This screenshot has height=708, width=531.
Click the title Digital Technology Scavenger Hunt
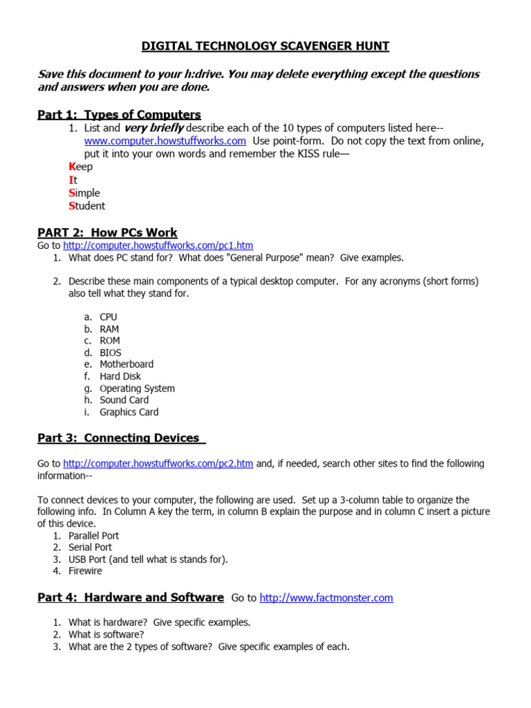265,46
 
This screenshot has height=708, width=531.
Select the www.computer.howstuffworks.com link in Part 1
165,140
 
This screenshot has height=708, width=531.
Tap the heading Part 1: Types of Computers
119,115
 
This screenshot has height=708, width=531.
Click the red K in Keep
71,167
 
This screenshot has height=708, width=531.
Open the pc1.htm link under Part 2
158,245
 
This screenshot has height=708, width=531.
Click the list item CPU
109,317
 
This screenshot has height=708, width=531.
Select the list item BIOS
110,353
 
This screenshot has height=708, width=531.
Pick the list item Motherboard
127,364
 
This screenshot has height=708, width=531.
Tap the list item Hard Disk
120,376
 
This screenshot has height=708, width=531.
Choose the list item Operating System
137,389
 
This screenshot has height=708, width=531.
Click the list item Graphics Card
129,412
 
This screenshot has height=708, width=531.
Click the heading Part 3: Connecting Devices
119,438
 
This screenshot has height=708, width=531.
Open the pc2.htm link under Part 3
158,464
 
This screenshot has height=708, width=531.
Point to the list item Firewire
85,571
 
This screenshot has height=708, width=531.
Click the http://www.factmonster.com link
326,598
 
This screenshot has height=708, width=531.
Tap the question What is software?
106,635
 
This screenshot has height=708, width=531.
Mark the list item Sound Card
124,400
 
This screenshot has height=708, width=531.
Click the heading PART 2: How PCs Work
107,233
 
